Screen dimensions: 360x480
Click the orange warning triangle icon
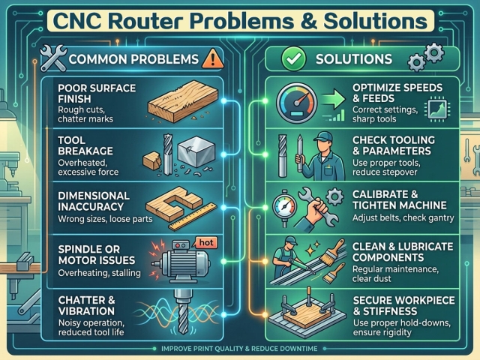(213, 58)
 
